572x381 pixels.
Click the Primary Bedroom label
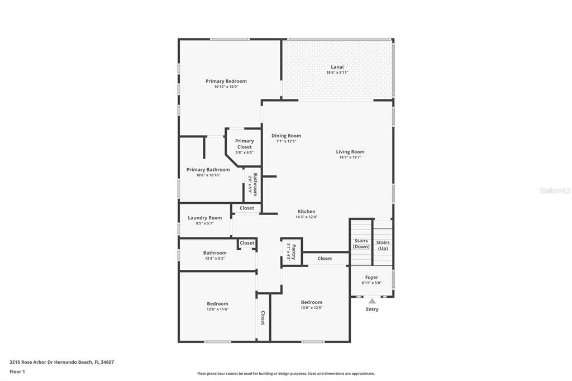coord(226,81)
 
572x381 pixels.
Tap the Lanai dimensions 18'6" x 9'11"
coord(337,73)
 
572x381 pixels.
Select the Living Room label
coord(350,151)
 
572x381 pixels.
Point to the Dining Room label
coord(286,136)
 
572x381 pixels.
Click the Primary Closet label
coord(244,144)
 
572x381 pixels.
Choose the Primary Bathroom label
coord(208,169)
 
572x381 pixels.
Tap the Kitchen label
coord(306,211)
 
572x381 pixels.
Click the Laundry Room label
coord(204,217)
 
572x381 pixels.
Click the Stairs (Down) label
coord(361,243)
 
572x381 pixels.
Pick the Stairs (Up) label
coord(383,245)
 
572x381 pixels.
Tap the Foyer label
coord(371,277)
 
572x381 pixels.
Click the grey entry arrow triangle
coord(372,301)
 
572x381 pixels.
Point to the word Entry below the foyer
coord(372,309)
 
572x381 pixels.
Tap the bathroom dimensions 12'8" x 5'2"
coord(214,259)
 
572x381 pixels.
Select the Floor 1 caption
coord(17,372)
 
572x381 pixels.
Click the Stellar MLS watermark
coord(554,190)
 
